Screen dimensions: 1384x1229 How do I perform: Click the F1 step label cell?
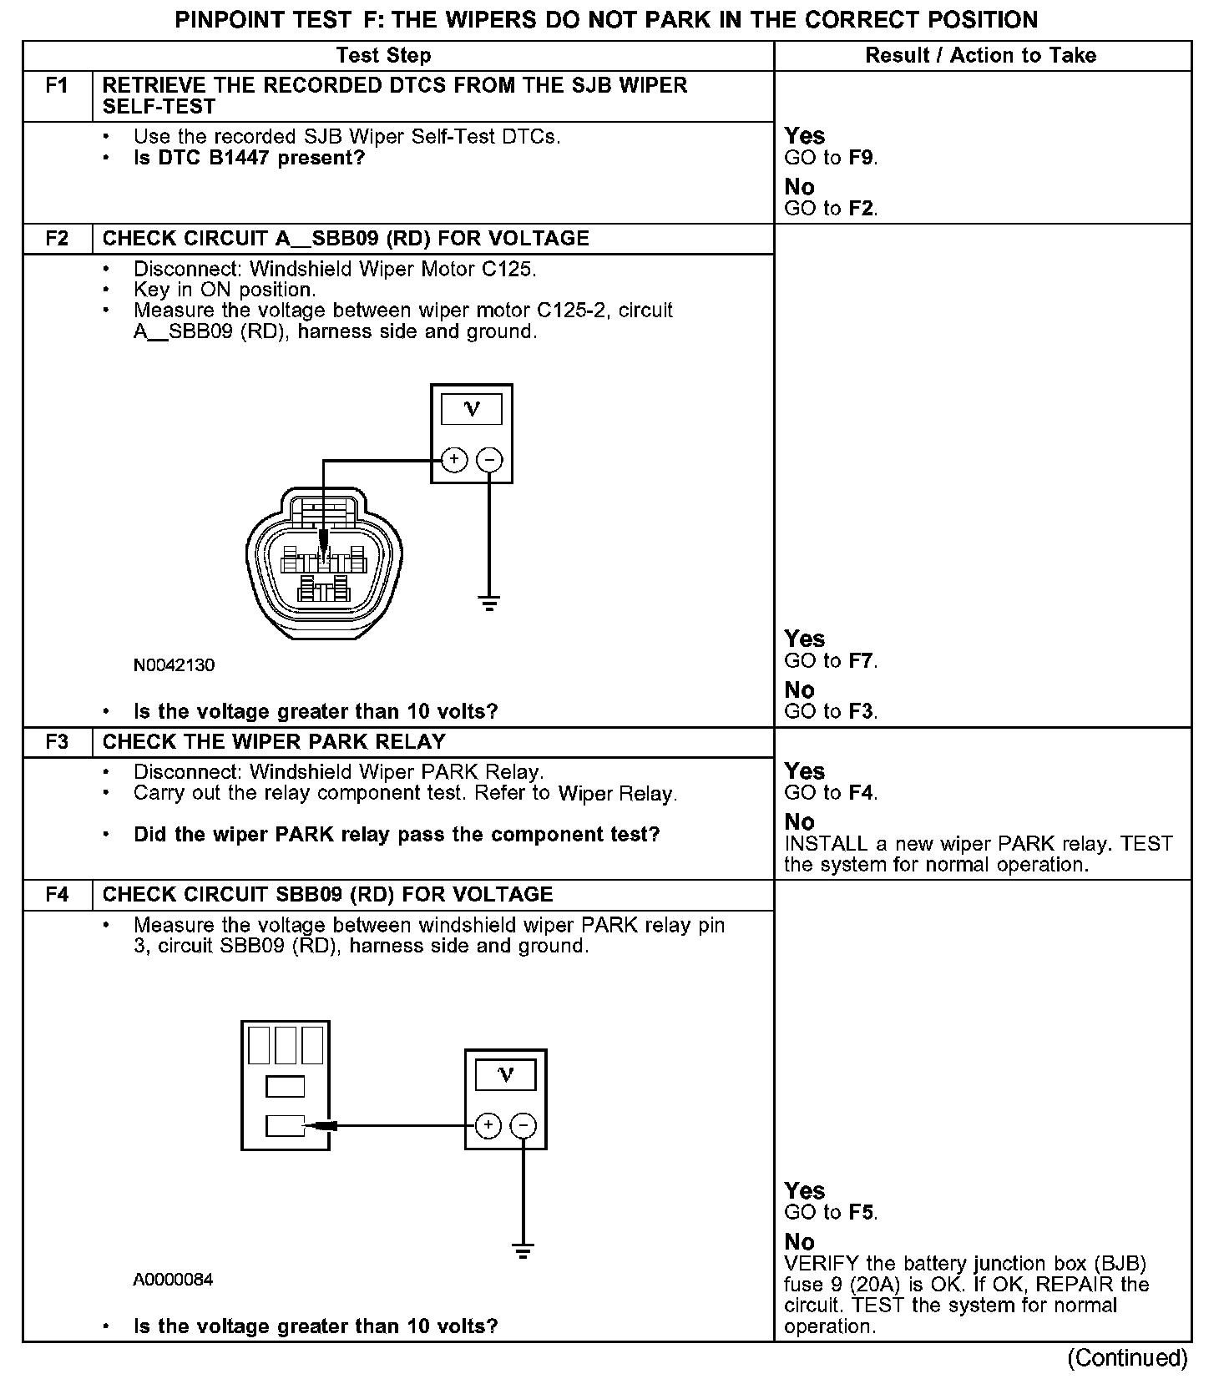pyautogui.click(x=57, y=86)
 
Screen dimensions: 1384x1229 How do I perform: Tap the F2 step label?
pyautogui.click(x=57, y=239)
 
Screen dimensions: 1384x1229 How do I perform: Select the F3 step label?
pyautogui.click(x=57, y=742)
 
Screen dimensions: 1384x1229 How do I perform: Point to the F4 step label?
pyautogui.click(x=57, y=895)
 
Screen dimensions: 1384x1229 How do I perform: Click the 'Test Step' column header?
pyautogui.click(x=383, y=56)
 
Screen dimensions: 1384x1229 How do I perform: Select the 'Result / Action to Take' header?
pyautogui.click(x=980, y=56)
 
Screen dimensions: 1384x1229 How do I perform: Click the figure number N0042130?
pyautogui.click(x=174, y=665)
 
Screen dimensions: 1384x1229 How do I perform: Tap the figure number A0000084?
pyautogui.click(x=173, y=1280)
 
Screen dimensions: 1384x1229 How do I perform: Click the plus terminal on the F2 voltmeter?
pyautogui.click(x=453, y=459)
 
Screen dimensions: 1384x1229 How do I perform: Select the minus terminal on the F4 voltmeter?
pyautogui.click(x=523, y=1125)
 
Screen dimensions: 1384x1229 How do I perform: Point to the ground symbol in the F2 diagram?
pyautogui.click(x=489, y=603)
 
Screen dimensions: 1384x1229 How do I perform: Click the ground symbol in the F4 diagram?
pyautogui.click(x=523, y=1251)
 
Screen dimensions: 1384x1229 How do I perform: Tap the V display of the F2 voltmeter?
pyautogui.click(x=472, y=409)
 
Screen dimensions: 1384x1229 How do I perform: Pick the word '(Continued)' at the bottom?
pyautogui.click(x=1127, y=1358)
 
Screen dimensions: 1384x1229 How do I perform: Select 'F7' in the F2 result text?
pyautogui.click(x=862, y=661)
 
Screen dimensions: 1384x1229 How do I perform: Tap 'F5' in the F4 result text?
pyautogui.click(x=862, y=1213)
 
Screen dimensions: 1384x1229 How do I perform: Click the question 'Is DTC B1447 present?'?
pyautogui.click(x=250, y=158)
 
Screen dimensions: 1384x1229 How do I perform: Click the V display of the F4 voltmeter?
pyautogui.click(x=506, y=1075)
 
